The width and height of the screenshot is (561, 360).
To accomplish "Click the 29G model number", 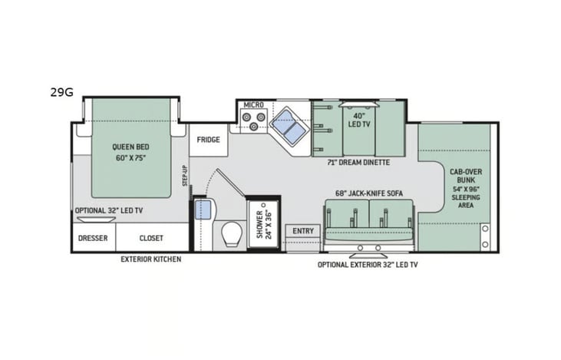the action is pyautogui.click(x=61, y=92).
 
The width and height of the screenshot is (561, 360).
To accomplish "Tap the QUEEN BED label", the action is pyautogui.click(x=130, y=147).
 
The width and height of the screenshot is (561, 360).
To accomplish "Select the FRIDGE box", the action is pyautogui.click(x=208, y=140).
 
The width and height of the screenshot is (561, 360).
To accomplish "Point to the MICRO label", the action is pyautogui.click(x=254, y=105).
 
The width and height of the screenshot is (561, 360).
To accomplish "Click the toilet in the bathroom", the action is pyautogui.click(x=232, y=234).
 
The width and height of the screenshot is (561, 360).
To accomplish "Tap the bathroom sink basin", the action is pyautogui.click(x=203, y=210).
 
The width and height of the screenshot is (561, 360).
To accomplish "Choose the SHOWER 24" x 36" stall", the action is pyautogui.click(x=264, y=224).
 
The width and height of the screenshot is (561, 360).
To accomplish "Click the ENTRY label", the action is pyautogui.click(x=303, y=231).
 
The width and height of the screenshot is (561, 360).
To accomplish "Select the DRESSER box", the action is pyautogui.click(x=94, y=238).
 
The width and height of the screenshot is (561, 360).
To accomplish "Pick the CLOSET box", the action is pyautogui.click(x=152, y=238).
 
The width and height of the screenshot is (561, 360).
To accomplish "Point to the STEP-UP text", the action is pyautogui.click(x=185, y=175).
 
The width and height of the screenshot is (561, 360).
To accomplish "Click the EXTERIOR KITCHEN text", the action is pyautogui.click(x=150, y=259).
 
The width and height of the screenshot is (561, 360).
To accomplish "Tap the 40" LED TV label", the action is pyautogui.click(x=359, y=120).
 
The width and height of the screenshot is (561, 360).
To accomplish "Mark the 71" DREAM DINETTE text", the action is pyautogui.click(x=358, y=163).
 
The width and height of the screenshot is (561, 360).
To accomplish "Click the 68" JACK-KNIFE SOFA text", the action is pyautogui.click(x=369, y=193).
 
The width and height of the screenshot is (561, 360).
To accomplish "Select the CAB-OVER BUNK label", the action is pyautogui.click(x=466, y=176).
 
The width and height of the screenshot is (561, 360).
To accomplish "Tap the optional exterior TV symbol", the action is pyautogui.click(x=368, y=256).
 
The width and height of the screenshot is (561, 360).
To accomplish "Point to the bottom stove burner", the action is pyautogui.click(x=254, y=126).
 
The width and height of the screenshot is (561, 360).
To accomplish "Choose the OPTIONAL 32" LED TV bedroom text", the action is pyautogui.click(x=109, y=210).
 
